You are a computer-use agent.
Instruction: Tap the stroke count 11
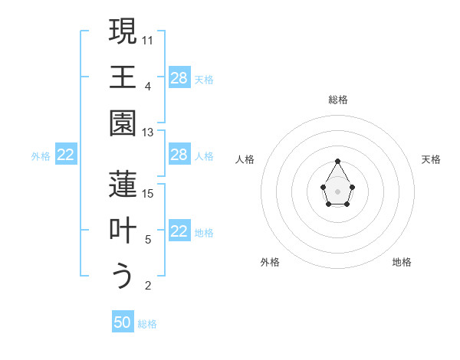pos(148,39)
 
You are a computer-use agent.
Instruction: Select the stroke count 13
pos(148,133)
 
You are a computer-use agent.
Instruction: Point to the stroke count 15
pos(148,193)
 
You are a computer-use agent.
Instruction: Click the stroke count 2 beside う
pos(148,286)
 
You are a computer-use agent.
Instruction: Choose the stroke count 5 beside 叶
pos(148,240)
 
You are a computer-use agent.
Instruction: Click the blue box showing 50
pos(123,322)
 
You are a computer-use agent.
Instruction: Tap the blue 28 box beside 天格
pos(179,78)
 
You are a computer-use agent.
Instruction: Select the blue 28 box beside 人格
pos(179,155)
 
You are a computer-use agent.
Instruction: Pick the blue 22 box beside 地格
pos(179,232)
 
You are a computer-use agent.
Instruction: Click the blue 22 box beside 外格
pos(66,155)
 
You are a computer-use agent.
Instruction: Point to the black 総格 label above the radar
pos(338,100)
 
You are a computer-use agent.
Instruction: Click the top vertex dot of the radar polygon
pos(338,161)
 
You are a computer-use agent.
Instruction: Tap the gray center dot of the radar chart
pos(338,191)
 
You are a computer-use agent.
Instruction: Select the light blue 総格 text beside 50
pos(147,324)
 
